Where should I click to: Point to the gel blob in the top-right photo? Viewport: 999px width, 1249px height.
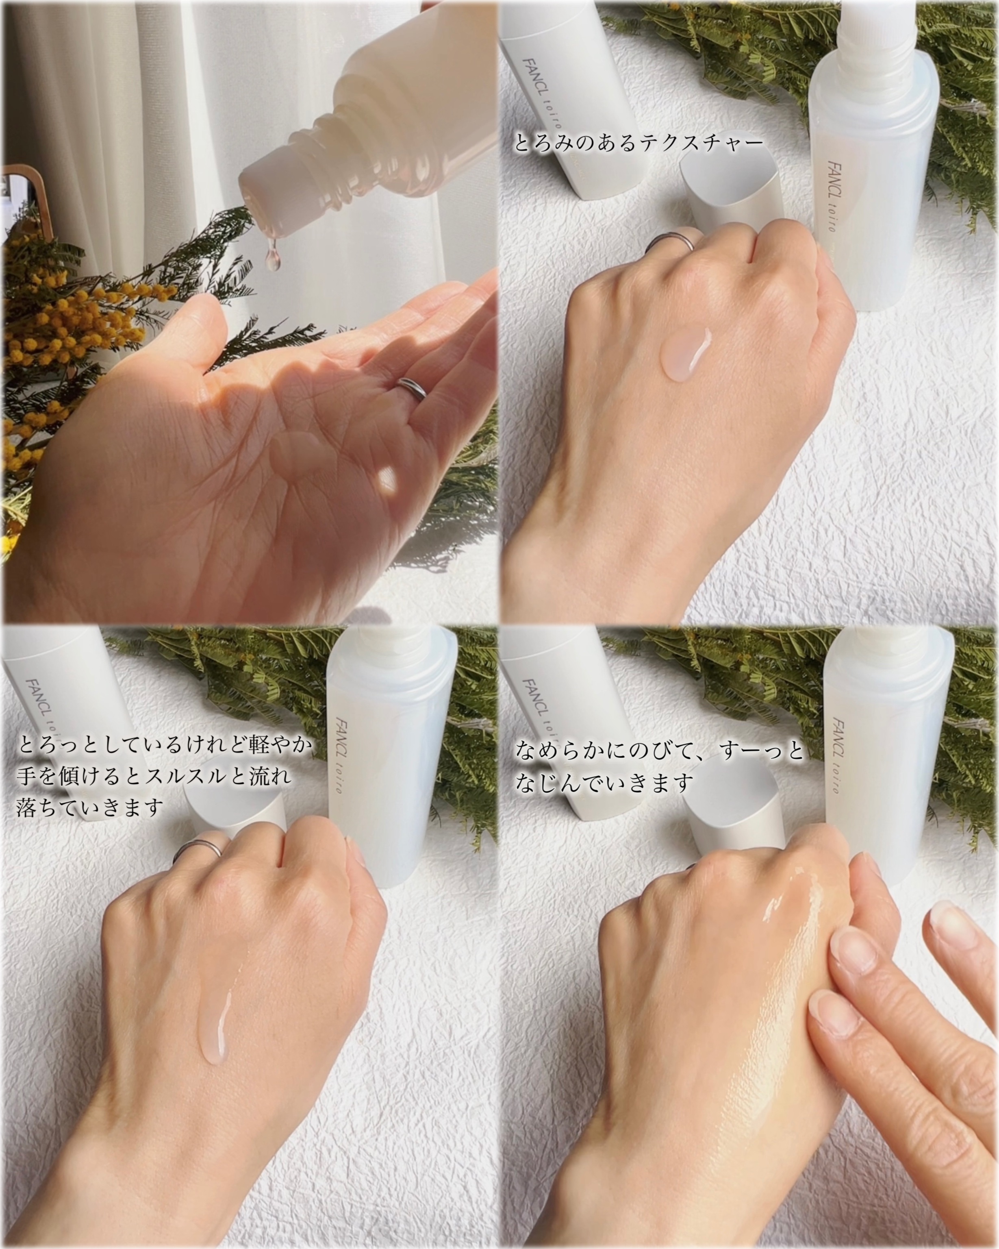pos(686,353)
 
